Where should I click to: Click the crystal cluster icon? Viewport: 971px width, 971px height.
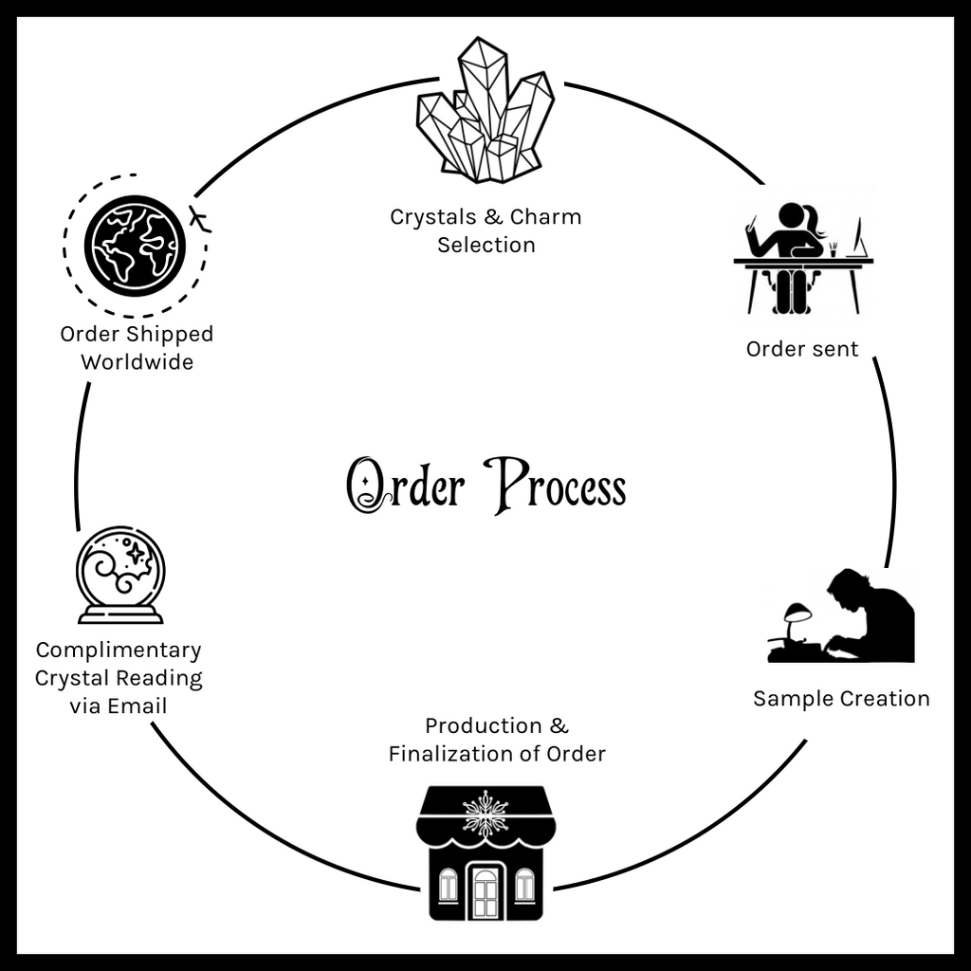pos(485,112)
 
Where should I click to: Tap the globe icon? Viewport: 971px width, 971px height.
pos(134,245)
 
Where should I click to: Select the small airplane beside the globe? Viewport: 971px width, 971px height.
pos(199,218)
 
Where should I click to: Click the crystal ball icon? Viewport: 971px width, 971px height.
pos(120,575)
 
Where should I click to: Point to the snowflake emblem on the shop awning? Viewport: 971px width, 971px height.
pos(485,813)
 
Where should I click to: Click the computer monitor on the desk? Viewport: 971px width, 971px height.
pos(860,239)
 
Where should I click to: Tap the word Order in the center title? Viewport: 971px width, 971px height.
pos(406,485)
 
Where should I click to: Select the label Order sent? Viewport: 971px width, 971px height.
pos(802,349)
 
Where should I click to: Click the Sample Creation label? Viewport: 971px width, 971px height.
pos(841,699)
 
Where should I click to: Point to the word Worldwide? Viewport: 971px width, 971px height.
pos(137,362)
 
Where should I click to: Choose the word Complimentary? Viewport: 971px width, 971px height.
pos(119,650)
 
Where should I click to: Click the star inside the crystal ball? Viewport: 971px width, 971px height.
pos(136,552)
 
